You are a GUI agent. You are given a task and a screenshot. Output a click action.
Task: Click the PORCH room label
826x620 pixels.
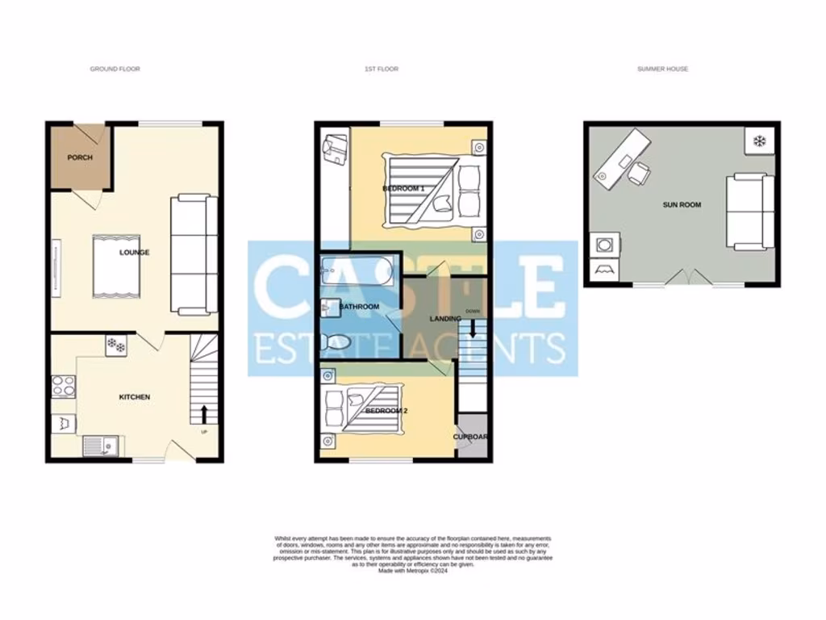coord(80,157)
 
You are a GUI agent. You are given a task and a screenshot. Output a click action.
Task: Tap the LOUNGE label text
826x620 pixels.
coord(135,253)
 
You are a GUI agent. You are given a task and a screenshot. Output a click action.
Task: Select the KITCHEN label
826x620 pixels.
coord(135,397)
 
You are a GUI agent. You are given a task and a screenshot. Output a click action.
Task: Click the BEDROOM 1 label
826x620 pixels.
coord(403,188)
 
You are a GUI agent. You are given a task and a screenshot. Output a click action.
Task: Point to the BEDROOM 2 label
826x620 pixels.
coord(386,411)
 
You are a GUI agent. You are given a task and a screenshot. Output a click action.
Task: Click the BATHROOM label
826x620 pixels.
coord(359,307)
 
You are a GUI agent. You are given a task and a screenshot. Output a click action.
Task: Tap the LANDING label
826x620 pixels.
coord(445,319)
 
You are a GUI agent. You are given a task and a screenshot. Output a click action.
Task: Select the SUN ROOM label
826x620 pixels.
coord(682,205)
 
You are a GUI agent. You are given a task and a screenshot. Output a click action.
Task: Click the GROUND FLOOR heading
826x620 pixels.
coord(115,69)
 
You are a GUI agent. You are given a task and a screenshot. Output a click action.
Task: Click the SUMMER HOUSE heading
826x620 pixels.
coord(662,69)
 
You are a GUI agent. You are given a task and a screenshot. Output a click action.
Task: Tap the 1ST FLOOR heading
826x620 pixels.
coord(382,69)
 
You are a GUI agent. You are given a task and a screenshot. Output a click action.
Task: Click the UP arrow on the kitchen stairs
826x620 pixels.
coord(203,414)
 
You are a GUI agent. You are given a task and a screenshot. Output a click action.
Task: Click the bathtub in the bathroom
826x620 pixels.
coord(357,273)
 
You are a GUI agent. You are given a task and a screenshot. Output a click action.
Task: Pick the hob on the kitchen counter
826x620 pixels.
coord(63,387)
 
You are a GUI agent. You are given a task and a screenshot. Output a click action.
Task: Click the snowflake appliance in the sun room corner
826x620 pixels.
coord(758,141)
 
